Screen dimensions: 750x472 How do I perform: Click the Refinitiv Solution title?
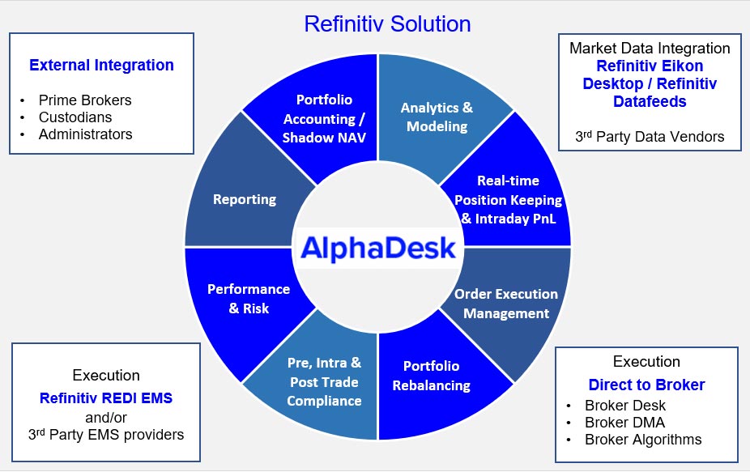[387, 24]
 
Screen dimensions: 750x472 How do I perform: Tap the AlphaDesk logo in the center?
[378, 248]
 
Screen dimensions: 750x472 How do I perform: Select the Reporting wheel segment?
[245, 199]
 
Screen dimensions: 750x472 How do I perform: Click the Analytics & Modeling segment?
[437, 117]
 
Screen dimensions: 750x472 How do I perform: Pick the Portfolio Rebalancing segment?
[432, 376]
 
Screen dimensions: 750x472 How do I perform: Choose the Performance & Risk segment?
[249, 299]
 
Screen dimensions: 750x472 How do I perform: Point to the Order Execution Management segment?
[506, 304]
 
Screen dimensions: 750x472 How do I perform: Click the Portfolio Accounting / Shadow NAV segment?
[324, 118]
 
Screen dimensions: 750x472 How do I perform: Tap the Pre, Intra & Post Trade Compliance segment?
[324, 381]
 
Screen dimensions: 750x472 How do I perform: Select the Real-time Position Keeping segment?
[508, 200]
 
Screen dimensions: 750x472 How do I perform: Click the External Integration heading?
[101, 65]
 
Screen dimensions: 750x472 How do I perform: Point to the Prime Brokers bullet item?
[85, 100]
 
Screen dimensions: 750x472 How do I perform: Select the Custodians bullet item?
[75, 117]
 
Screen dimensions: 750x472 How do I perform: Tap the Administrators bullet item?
[86, 134]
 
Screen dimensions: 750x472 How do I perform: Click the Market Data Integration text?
[650, 49]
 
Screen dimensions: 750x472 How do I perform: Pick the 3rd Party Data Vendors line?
[650, 137]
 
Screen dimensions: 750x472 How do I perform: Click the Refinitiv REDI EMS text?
[106, 398]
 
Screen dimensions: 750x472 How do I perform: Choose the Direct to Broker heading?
[646, 385]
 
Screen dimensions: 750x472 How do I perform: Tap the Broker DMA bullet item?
[624, 423]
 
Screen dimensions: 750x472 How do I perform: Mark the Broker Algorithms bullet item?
[643, 440]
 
